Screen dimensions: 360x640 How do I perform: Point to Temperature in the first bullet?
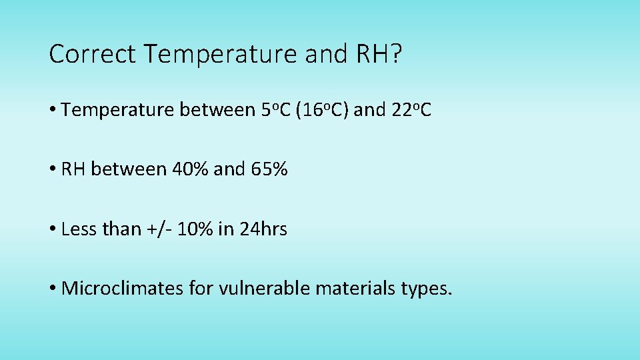[x=117, y=109]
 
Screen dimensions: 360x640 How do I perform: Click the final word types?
[x=427, y=289]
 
